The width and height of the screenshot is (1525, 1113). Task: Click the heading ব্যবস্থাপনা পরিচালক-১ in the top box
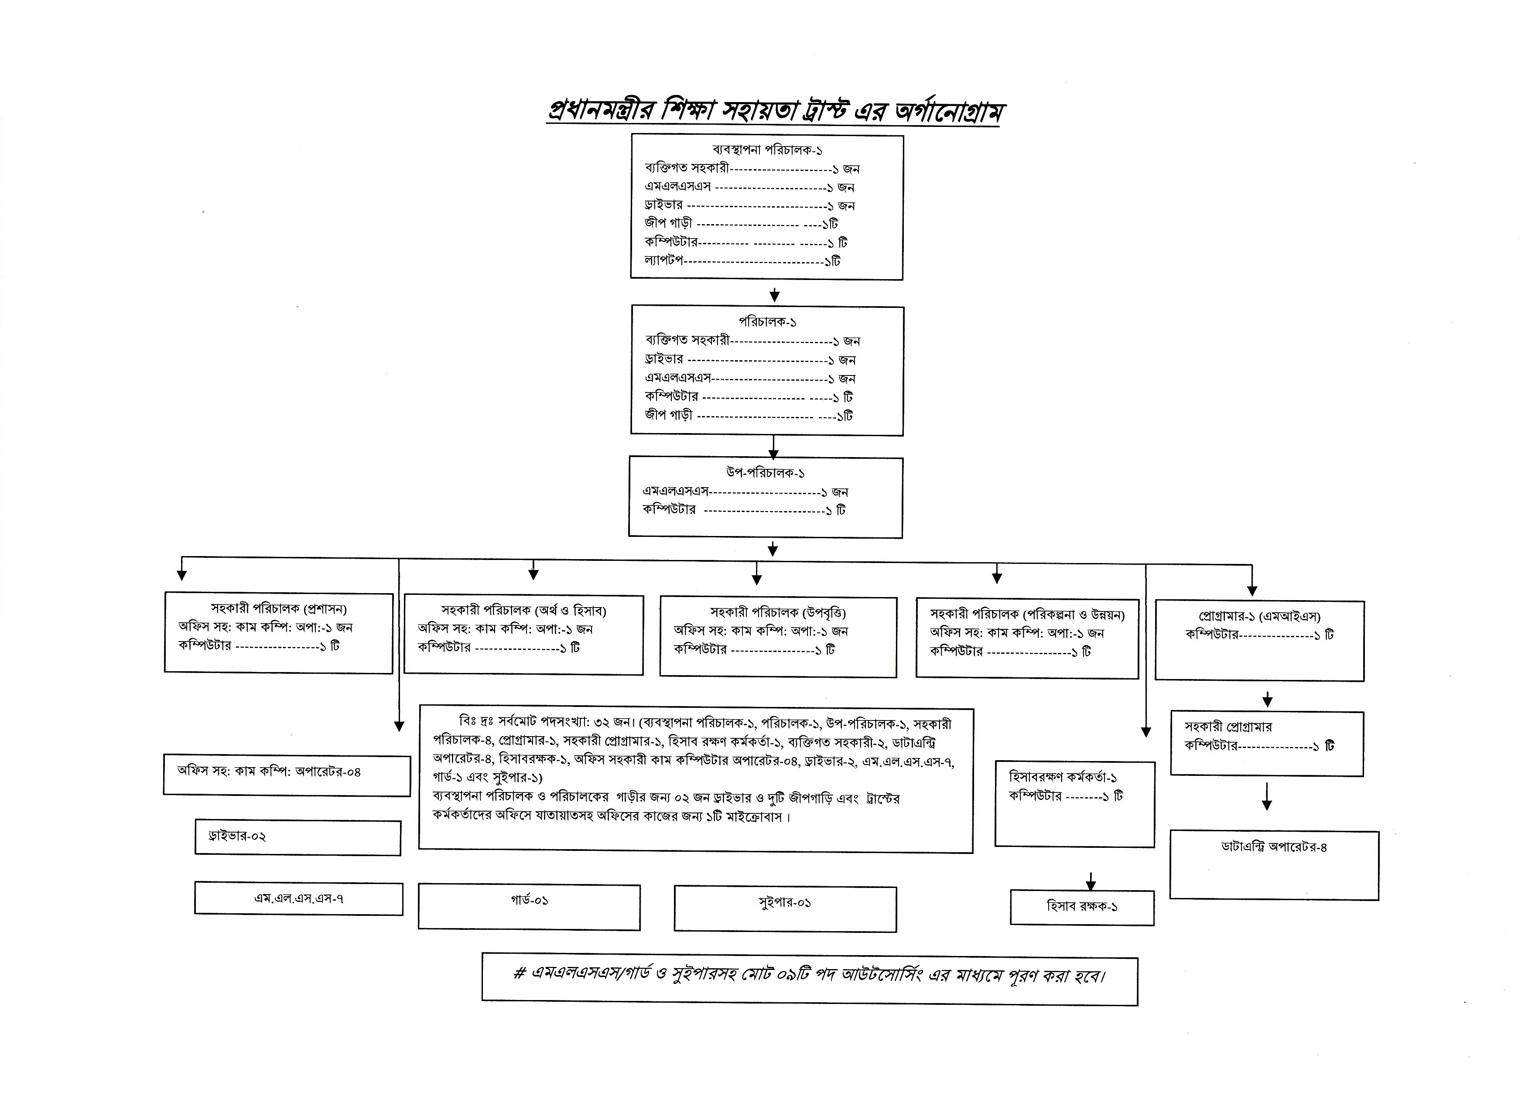coord(767,150)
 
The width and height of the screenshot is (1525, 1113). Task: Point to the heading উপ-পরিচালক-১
coord(766,473)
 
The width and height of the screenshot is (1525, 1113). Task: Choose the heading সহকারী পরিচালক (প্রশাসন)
coord(278,609)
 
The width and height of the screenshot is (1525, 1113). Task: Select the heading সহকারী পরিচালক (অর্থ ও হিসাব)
coord(523,611)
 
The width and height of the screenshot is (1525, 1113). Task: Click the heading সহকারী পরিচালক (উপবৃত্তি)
coord(778,612)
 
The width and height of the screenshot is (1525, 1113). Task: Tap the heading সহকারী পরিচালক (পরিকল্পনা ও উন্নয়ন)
coord(1027,615)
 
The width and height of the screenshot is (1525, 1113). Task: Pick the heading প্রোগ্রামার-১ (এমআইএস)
coord(1259,616)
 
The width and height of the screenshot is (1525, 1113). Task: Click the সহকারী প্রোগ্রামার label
coord(1228,727)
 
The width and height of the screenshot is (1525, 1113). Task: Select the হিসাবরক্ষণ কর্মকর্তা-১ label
coord(1063,777)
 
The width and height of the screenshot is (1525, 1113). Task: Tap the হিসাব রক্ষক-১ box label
coord(1081,907)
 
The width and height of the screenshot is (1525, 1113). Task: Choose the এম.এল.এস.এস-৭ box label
coord(298,898)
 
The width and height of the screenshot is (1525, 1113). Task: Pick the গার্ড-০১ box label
coord(529,900)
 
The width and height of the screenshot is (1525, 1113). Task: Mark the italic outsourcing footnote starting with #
coord(809,976)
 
